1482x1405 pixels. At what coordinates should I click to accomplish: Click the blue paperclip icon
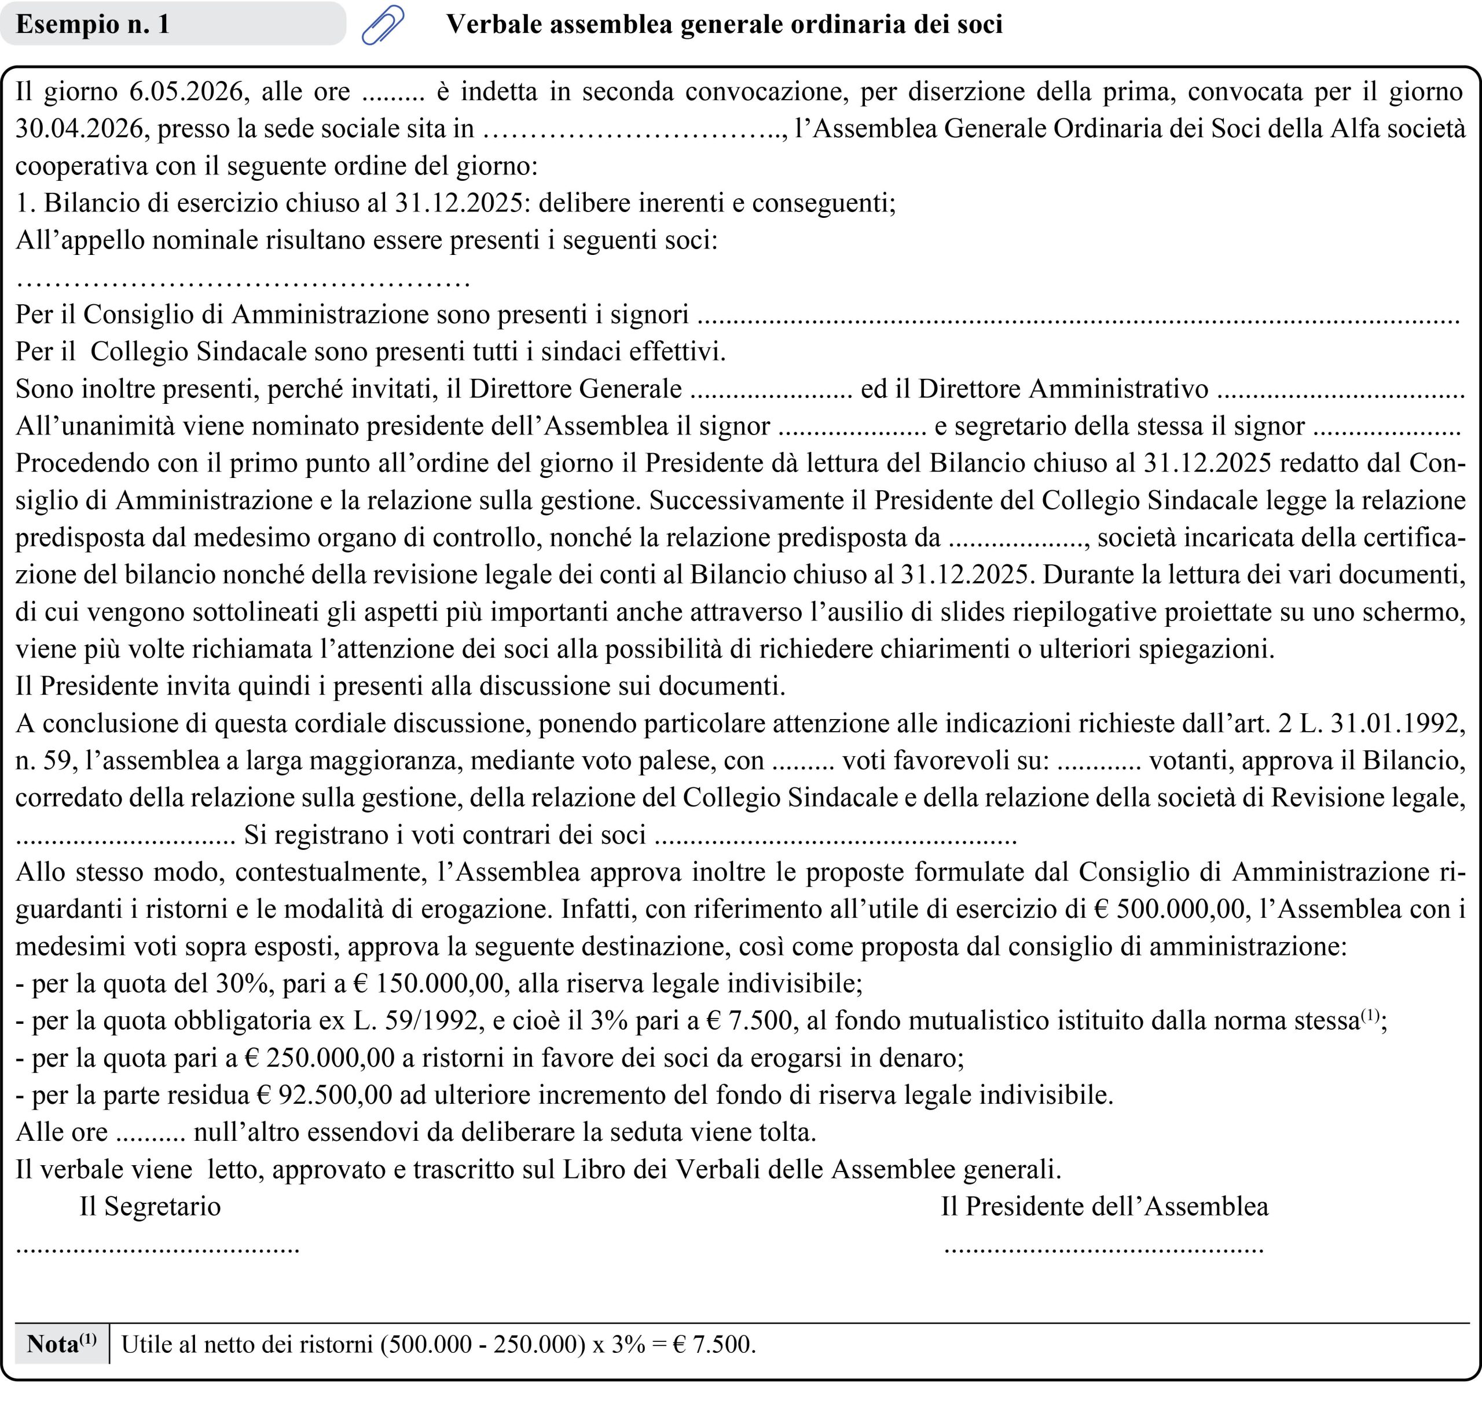pyautogui.click(x=383, y=25)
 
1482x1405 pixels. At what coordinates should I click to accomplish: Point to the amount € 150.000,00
pyautogui.click(x=430, y=983)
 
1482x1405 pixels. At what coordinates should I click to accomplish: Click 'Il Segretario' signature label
pyautogui.click(x=151, y=1206)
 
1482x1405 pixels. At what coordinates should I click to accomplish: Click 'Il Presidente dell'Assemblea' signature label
pyautogui.click(x=1104, y=1206)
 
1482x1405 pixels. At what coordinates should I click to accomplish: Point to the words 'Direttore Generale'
pyautogui.click(x=575, y=389)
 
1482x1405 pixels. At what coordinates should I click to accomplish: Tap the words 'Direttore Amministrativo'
pyautogui.click(x=1063, y=389)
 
